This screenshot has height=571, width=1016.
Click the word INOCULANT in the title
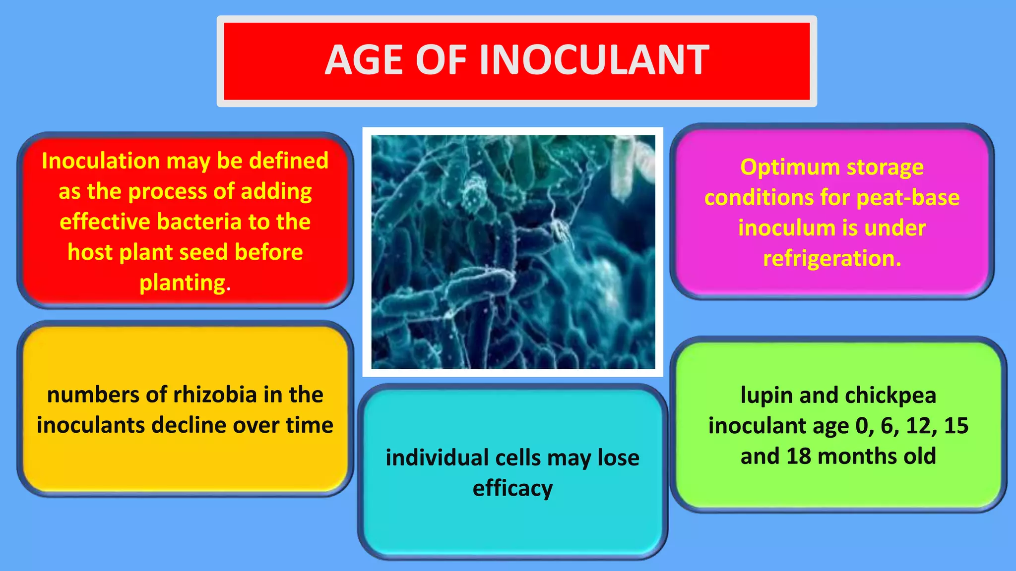tap(594, 60)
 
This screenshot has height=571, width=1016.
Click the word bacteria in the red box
tap(199, 222)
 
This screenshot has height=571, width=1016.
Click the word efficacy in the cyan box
tap(512, 488)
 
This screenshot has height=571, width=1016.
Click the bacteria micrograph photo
tap(512, 252)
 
